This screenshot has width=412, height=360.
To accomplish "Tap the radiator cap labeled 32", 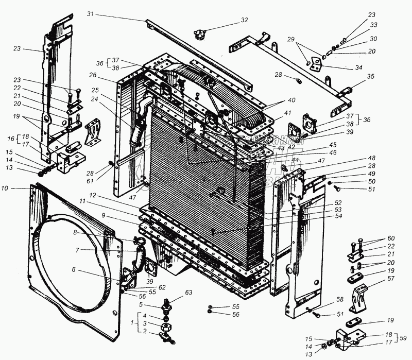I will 199,36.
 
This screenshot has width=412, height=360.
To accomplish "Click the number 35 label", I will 371,77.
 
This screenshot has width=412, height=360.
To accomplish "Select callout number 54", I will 339,216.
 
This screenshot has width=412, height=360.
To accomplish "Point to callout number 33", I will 373,24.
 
